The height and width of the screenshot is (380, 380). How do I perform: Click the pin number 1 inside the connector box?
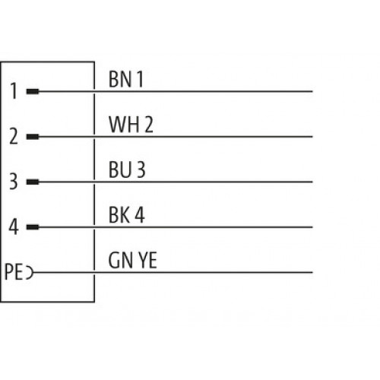pyautogui.click(x=14, y=91)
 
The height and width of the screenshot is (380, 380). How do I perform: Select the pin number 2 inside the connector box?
pyautogui.click(x=14, y=136)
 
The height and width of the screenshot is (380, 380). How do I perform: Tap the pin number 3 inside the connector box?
pyautogui.click(x=14, y=181)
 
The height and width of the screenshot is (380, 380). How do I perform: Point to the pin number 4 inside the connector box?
pyautogui.click(x=14, y=226)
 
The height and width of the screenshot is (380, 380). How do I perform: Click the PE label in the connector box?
pyautogui.click(x=14, y=272)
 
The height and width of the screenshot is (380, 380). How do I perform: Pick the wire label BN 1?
pyautogui.click(x=126, y=79)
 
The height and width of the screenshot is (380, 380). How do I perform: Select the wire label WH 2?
pyautogui.click(x=131, y=125)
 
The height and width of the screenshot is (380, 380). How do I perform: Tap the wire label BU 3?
pyautogui.click(x=127, y=169)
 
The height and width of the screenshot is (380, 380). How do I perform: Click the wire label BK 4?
pyautogui.click(x=127, y=215)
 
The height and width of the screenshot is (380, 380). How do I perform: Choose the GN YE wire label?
pyautogui.click(x=132, y=260)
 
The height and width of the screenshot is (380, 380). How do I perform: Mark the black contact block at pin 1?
pyautogui.click(x=33, y=91)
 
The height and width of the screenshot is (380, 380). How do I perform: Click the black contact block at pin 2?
pyautogui.click(x=33, y=137)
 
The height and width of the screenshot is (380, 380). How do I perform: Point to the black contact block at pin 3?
pyautogui.click(x=33, y=182)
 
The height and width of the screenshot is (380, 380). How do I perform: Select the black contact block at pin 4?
pyautogui.click(x=33, y=227)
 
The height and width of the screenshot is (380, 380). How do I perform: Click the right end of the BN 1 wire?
pyautogui.click(x=312, y=91)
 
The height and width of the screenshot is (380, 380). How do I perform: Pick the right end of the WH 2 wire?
pyautogui.click(x=312, y=137)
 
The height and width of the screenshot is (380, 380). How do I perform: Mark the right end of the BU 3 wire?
pyautogui.click(x=312, y=182)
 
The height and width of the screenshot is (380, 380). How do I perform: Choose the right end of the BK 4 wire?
pyautogui.click(x=312, y=227)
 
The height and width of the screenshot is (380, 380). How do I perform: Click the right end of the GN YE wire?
pyautogui.click(x=312, y=273)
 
